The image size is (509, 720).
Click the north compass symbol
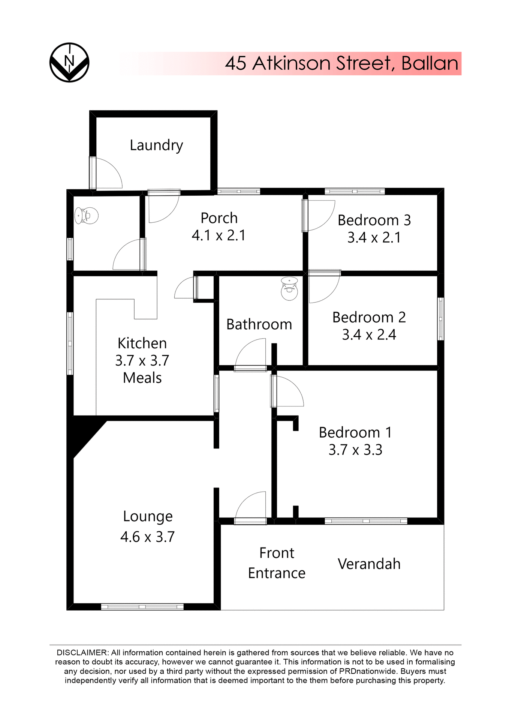coord(69,62)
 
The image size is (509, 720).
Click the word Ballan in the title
coord(430,63)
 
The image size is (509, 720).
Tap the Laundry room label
coord(156,145)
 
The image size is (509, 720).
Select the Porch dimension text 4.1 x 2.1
coord(219,235)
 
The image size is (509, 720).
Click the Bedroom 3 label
coord(374,220)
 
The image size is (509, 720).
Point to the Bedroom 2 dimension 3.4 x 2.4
coord(369,334)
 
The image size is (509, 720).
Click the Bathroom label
coord(259,324)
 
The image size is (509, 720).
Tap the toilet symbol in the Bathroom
coord(289,289)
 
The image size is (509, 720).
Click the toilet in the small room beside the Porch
coord(86,216)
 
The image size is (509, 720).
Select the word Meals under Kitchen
coord(142,378)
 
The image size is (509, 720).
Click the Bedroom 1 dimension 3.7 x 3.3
coord(355,450)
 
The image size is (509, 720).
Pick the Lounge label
coord(148,517)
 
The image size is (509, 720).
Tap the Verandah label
coord(369,564)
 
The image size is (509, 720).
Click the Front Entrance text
coord(277,563)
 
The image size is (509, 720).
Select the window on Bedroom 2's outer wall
coord(441,319)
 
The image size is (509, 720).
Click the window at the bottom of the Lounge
coord(142,607)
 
